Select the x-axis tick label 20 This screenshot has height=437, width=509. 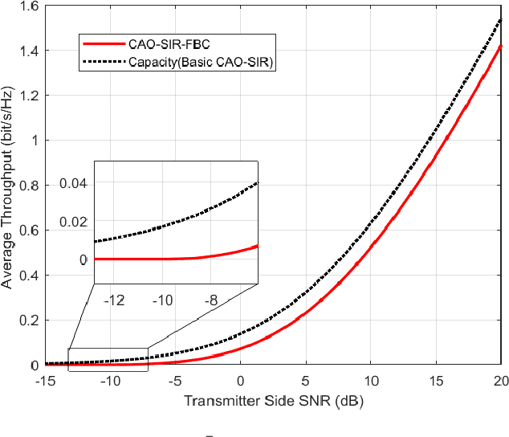point(500,380)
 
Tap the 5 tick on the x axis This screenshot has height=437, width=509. point(305,380)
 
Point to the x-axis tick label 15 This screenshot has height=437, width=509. point(435,380)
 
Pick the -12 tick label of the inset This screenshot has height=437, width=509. point(114,300)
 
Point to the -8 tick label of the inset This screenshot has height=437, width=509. point(210,300)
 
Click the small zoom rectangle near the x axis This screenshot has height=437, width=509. point(108,360)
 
